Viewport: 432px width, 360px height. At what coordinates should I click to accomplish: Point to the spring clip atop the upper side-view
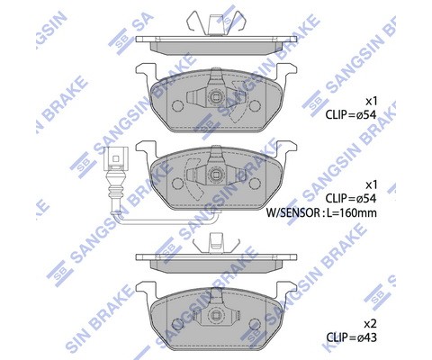pyautogui.click(x=216, y=22)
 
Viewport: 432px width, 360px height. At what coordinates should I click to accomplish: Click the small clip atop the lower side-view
pyautogui.click(x=216, y=241)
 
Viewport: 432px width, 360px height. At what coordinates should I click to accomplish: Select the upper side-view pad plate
pyautogui.click(x=216, y=43)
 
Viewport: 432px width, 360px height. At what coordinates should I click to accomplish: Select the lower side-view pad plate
pyautogui.click(x=216, y=259)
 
